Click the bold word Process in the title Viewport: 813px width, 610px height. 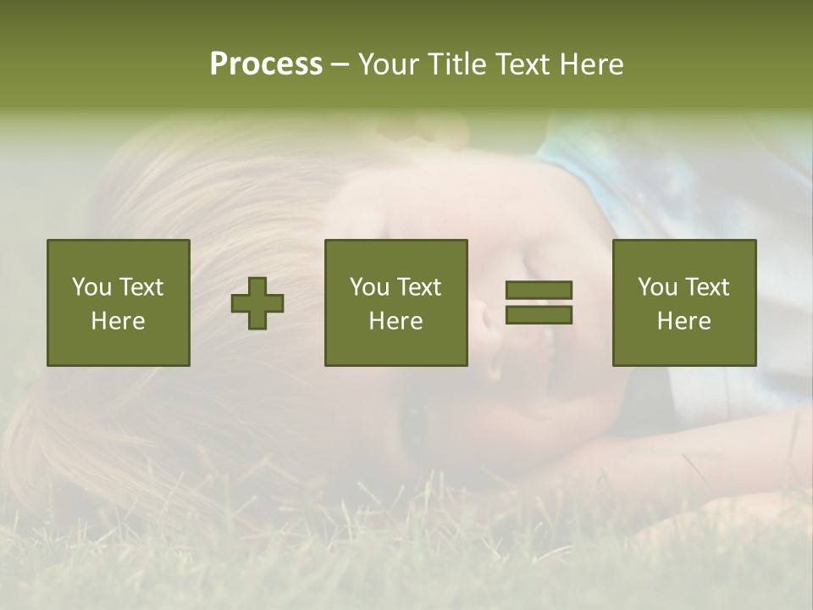point(266,64)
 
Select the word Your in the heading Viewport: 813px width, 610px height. point(386,64)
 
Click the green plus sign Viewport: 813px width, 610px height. point(257,302)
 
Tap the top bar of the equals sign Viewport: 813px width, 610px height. point(539,291)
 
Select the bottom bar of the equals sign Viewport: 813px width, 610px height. point(539,314)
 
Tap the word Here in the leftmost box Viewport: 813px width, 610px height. point(118,321)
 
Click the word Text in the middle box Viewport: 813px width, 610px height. point(418,287)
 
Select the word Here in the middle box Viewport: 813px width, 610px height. point(395,321)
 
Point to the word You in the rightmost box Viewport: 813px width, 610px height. point(658,287)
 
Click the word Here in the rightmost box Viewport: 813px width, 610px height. point(683,321)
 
